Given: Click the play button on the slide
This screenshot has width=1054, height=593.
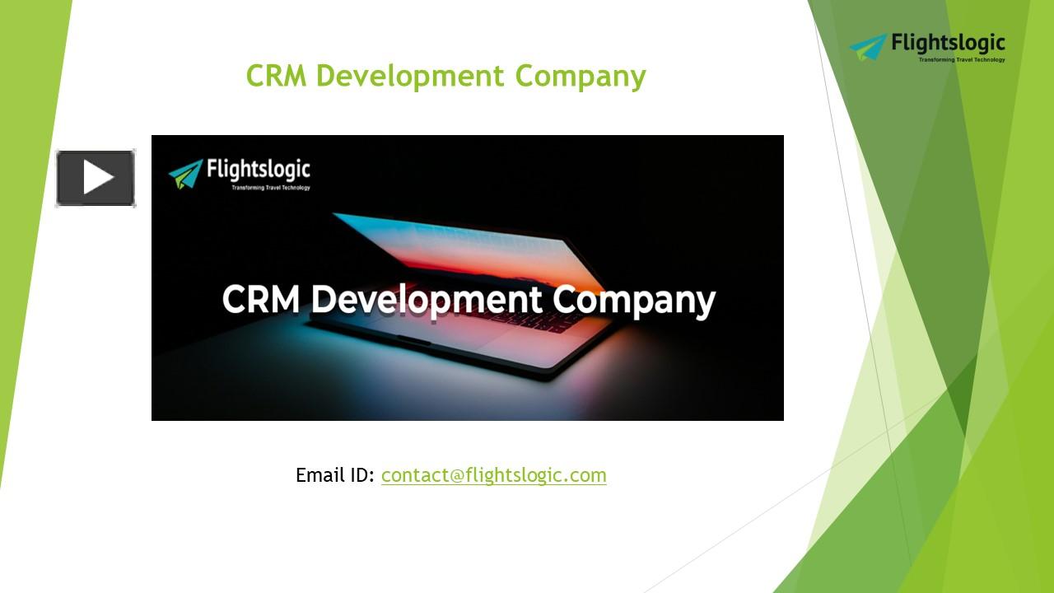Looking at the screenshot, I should tap(96, 178).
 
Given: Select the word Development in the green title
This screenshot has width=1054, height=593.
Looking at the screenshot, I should tap(410, 77).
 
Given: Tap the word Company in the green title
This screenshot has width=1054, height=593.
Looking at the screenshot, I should tap(581, 77).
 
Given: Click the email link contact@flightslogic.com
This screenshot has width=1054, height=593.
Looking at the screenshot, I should tap(493, 475).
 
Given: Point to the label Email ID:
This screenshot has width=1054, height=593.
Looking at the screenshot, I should tap(335, 475).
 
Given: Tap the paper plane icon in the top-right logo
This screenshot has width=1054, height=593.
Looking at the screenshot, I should tap(868, 47).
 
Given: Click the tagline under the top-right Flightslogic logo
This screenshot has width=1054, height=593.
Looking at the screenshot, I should tap(961, 59).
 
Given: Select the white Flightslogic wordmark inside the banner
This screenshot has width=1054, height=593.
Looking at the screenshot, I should tap(259, 170).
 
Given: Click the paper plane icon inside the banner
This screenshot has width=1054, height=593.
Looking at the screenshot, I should tap(185, 174).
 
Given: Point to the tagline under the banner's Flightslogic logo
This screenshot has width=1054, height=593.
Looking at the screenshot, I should tap(270, 188).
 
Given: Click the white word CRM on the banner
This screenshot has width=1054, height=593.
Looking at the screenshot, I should tap(261, 299).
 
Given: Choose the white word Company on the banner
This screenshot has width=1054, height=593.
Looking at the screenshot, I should tap(634, 300).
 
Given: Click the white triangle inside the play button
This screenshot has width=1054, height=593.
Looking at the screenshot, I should tap(98, 178).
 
